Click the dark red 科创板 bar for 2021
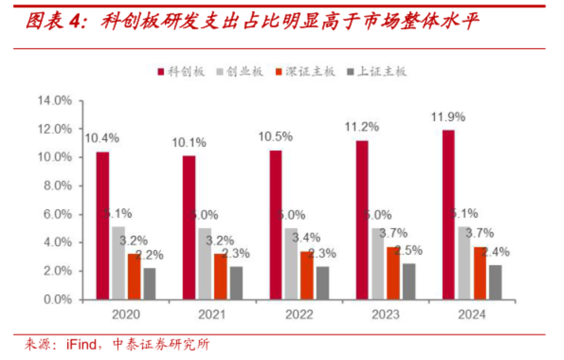189,227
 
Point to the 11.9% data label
448,117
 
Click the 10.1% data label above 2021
189,143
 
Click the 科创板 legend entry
182,72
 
